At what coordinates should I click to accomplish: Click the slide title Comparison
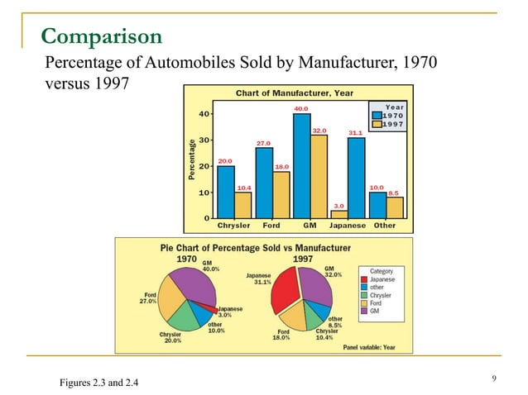coord(101,36)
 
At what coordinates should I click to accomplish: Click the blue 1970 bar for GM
coord(301,165)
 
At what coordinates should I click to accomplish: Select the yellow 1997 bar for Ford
coord(281,194)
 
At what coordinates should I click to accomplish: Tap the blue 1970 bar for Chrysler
coord(225,192)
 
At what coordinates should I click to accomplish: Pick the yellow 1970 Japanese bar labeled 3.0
coord(339,214)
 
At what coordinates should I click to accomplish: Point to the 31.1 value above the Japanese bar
coord(355,132)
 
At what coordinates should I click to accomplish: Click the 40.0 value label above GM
coord(301,108)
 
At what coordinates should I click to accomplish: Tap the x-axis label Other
coord(385,226)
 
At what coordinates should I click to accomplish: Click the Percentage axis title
coord(192,159)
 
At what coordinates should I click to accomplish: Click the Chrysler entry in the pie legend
coord(381,295)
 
